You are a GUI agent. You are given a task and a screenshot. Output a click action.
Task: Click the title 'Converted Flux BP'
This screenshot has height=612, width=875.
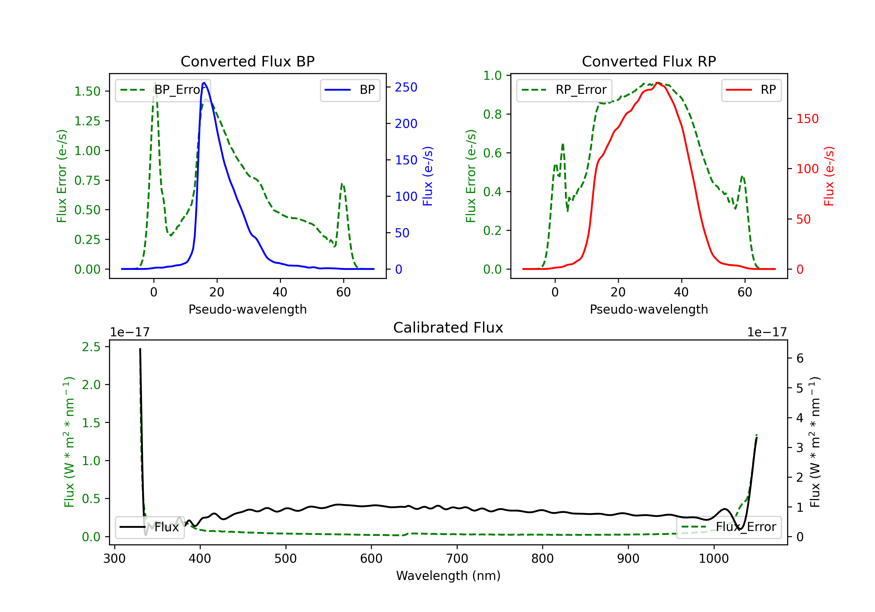(247, 61)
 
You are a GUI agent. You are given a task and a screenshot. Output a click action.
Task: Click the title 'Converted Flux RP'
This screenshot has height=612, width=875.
(649, 61)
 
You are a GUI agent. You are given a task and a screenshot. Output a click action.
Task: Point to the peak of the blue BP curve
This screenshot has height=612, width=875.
(204, 83)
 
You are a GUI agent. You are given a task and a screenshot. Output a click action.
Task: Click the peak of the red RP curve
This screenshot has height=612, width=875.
(658, 83)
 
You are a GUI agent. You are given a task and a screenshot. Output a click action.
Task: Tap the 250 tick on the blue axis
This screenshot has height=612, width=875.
(406, 87)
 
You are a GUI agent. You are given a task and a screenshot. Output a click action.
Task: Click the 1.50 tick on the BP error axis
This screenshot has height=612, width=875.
(87, 92)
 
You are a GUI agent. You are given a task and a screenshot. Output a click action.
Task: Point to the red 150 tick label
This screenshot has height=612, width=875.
(808, 119)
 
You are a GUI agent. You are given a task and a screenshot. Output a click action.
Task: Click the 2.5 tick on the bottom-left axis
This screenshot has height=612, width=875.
(91, 347)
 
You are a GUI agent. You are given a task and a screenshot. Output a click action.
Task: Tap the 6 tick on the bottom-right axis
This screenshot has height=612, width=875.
(800, 358)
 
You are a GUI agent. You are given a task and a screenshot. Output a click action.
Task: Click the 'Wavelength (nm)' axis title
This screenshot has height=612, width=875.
(448, 576)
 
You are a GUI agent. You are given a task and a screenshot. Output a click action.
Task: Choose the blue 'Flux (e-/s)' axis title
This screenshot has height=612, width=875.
(428, 176)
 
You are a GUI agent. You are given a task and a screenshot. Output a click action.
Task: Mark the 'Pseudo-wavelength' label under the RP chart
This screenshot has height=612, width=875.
(649, 309)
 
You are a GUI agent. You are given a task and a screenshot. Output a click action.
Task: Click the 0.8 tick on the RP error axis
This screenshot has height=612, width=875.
(492, 114)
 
